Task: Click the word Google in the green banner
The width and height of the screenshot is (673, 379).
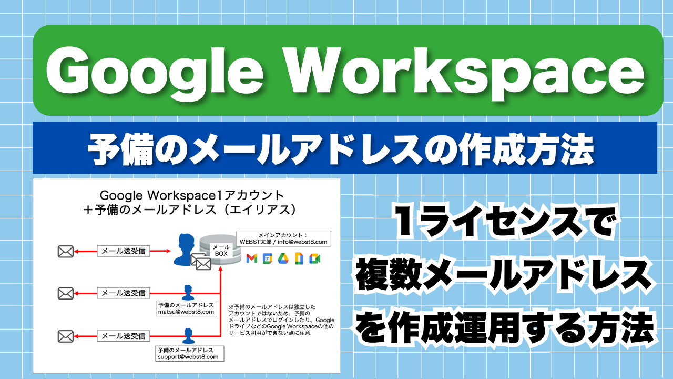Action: click(155, 74)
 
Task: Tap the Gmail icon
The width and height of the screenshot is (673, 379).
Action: click(252, 258)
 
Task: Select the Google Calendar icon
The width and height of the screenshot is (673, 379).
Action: click(268, 258)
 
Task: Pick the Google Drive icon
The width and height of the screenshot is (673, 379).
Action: click(283, 258)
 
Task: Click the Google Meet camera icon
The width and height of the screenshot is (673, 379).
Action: click(314, 258)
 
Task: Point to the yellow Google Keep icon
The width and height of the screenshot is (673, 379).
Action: click(299, 258)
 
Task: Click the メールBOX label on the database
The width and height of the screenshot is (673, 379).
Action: click(221, 250)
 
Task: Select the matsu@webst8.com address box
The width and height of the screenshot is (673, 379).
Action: click(186, 308)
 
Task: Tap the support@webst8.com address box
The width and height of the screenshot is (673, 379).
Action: click(190, 354)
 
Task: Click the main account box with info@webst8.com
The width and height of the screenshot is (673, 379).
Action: click(283, 238)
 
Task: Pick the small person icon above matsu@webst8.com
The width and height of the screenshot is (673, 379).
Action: click(188, 293)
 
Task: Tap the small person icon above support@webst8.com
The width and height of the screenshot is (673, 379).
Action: click(188, 336)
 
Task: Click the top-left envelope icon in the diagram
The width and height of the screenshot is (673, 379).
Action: click(66, 252)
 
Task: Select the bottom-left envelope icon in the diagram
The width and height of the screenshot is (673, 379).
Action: click(66, 336)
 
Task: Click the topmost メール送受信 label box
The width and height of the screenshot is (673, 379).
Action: click(123, 251)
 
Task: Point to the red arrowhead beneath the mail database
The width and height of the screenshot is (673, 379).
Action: click(220, 268)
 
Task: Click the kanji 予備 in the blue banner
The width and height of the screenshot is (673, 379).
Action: click(119, 148)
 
